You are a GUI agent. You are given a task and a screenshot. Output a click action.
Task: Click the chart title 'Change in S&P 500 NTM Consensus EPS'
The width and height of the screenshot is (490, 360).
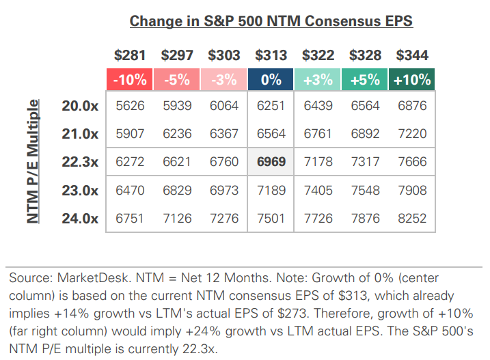point(271,20)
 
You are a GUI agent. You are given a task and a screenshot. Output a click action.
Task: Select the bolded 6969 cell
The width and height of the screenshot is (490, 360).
point(271,162)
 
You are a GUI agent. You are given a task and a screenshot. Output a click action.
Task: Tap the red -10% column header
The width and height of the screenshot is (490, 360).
point(129,79)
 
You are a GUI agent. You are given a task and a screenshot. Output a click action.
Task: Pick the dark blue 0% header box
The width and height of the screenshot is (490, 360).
point(271,79)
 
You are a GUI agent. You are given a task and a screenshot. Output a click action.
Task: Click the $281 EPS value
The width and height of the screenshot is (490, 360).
point(129,55)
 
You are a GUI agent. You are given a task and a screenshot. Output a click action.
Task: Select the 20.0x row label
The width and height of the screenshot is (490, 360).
point(81,106)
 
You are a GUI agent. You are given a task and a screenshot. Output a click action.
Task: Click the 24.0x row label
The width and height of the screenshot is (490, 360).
point(81,218)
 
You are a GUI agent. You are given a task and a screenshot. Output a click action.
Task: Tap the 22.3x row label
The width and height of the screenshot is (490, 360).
point(81,162)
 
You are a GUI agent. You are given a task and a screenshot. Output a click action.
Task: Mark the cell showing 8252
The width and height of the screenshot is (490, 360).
point(413,218)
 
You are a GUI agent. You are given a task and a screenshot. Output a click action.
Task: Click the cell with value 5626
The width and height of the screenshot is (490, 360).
point(129,106)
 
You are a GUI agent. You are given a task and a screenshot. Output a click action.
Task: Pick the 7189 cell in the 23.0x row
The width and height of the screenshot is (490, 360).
point(271,190)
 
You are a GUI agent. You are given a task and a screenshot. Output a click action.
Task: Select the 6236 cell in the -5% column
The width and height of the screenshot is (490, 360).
point(176,134)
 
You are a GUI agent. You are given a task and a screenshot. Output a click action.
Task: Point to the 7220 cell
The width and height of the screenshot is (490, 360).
point(413,134)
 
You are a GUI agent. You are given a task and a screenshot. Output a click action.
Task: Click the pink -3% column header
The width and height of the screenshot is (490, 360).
point(223,79)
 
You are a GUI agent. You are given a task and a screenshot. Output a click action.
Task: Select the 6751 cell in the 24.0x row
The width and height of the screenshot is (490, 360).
point(129,218)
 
